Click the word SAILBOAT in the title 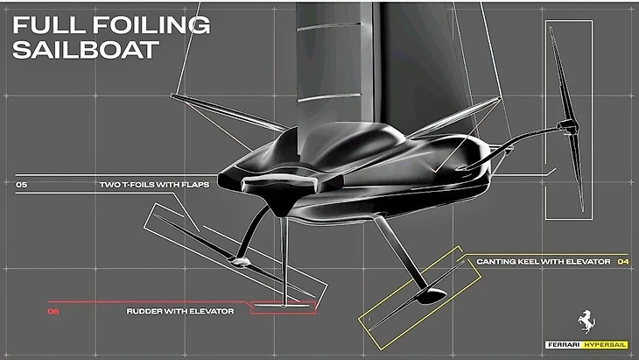(85, 49)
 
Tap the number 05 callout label (21, 186)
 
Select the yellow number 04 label (622, 261)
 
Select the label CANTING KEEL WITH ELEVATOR (543, 261)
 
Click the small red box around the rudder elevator (282, 307)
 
